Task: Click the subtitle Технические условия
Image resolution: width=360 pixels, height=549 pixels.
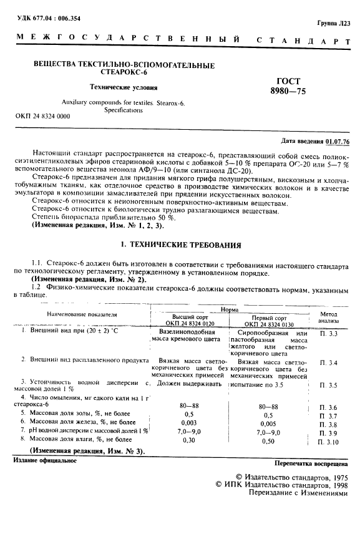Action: [124, 87]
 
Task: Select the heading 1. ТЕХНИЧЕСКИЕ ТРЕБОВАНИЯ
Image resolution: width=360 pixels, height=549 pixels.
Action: [180, 246]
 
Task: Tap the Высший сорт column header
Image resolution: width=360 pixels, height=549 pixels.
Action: [189, 320]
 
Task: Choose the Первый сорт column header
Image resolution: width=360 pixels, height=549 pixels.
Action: [268, 320]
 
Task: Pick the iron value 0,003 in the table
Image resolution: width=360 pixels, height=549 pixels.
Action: [189, 422]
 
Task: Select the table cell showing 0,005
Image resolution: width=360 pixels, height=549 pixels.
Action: [268, 422]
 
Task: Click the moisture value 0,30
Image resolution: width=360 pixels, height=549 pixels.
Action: [189, 440]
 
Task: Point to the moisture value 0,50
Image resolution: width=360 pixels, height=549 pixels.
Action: [268, 440]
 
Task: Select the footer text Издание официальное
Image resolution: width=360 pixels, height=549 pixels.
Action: [45, 460]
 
